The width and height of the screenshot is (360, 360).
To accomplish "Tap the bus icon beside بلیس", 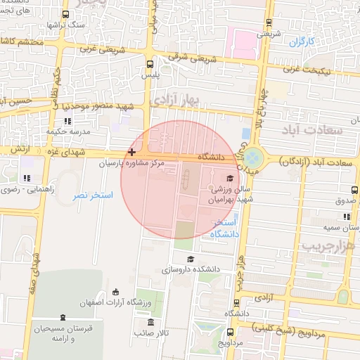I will pos(149,62).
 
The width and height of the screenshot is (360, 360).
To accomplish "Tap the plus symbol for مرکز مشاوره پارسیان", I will pos(131,152).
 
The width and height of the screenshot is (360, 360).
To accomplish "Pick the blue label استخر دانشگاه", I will pos(226,228).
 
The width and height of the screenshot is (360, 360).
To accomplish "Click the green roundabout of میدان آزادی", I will pos(254,157).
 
